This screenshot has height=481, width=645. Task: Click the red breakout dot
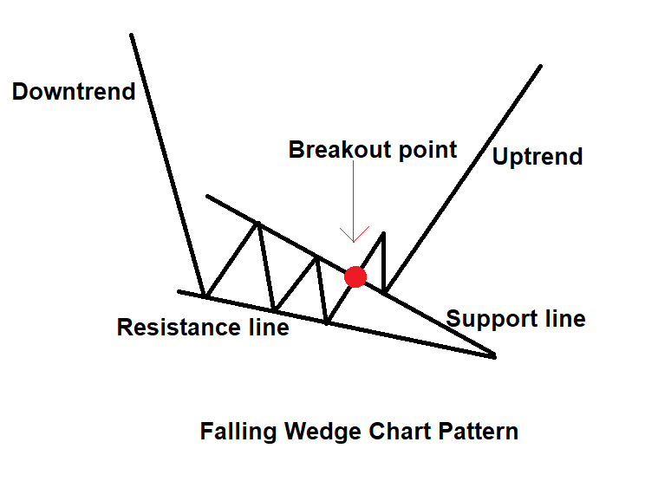pos(355,276)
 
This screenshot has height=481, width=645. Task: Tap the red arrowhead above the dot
pos(354,234)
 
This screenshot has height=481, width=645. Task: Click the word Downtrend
pos(74,91)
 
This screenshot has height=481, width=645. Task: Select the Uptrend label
pos(537,157)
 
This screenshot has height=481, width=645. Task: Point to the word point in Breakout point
pos(427,150)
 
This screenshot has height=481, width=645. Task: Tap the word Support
pos(492,320)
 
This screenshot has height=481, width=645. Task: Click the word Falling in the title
pos(238,432)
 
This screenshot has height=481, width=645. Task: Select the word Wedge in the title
pos(322,432)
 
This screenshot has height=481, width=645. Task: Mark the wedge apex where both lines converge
pos(494,356)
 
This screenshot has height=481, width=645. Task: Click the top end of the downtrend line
pos(131,35)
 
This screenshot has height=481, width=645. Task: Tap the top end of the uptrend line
pos(540,66)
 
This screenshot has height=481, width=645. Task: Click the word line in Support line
pos(565,319)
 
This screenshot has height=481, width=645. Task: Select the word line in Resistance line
pos(269,328)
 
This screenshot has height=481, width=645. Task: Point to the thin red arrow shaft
pos(354,200)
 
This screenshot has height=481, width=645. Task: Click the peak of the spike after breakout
pos(383,233)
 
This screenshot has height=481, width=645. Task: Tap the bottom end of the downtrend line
pos(204,295)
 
